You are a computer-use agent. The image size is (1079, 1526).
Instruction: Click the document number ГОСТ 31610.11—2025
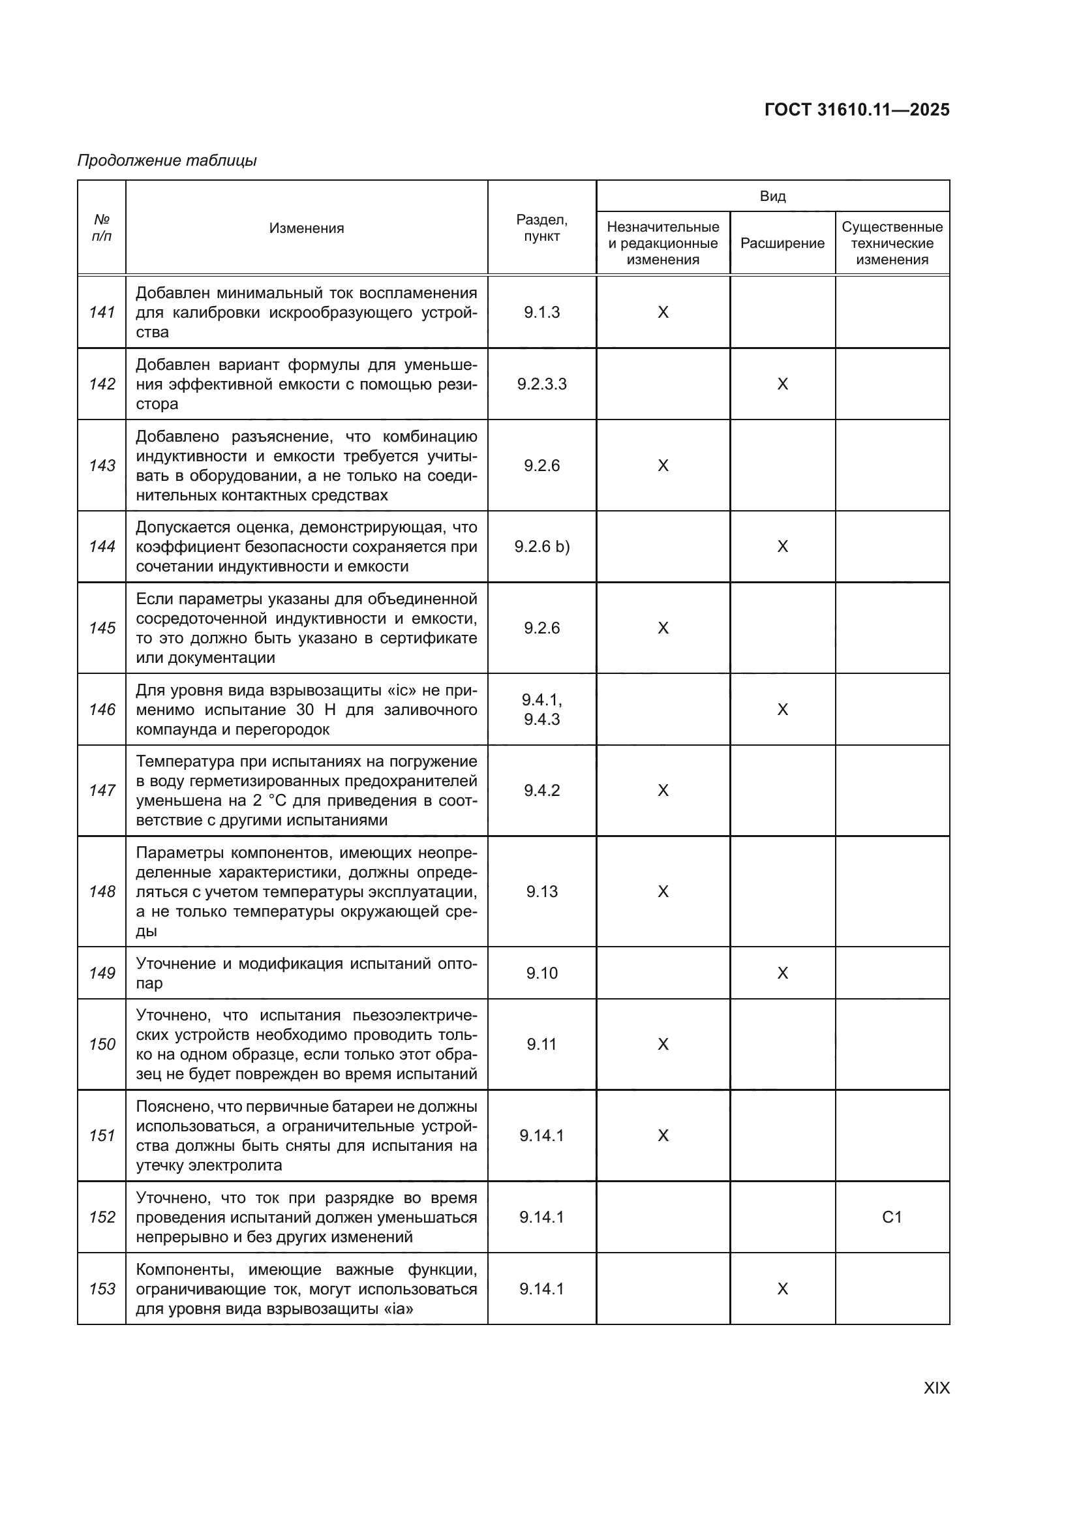point(857,110)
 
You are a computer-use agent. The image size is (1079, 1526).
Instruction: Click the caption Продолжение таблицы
point(167,160)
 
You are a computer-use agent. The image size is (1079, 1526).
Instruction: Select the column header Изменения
point(307,228)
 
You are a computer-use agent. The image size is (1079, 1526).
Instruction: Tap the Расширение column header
point(782,243)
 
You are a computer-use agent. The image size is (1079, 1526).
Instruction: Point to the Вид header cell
point(772,196)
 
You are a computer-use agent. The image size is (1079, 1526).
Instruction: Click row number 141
point(102,313)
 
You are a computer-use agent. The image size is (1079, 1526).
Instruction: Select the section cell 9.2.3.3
point(541,384)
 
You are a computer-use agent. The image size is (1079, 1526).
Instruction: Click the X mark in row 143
point(662,466)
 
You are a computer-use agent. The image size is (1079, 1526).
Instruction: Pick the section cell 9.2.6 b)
point(541,546)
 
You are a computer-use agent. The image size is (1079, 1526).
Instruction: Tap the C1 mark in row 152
point(892,1217)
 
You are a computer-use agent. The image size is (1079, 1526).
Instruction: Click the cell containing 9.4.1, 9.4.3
point(541,709)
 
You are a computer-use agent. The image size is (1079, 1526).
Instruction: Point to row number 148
point(102,891)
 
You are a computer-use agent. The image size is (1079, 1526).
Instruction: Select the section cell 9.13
point(541,891)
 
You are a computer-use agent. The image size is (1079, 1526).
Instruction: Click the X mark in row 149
point(782,973)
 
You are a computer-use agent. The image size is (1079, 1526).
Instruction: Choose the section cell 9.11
point(541,1044)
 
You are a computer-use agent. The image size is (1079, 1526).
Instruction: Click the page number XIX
point(936,1388)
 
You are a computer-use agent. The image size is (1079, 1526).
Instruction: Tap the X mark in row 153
point(782,1289)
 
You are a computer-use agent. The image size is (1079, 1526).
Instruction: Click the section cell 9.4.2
point(541,790)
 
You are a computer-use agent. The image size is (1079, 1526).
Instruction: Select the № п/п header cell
point(102,227)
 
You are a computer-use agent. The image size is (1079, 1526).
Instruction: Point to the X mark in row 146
point(782,709)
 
